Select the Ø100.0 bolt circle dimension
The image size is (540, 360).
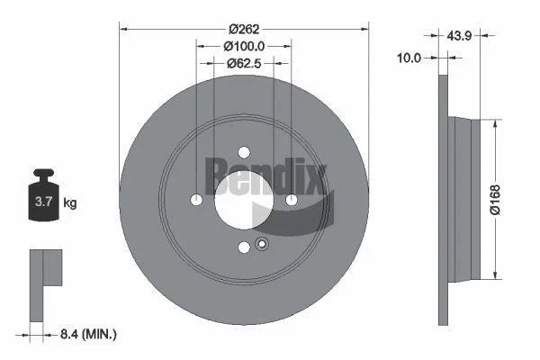pyautogui.click(x=244, y=44)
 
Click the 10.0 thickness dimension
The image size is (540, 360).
pyautogui.click(x=409, y=58)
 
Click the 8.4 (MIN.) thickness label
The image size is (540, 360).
pyautogui.click(x=86, y=334)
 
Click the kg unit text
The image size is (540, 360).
pyautogui.click(x=70, y=202)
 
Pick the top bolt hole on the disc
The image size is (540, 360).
pyautogui.click(x=244, y=153)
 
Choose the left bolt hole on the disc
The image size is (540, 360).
pyautogui.click(x=197, y=200)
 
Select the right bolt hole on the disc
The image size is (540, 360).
pyautogui.click(x=291, y=200)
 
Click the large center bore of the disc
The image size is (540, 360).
pyautogui.click(x=244, y=198)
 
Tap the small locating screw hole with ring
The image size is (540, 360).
pyautogui.click(x=262, y=242)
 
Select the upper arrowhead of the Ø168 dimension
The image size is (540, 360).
pyautogui.click(x=494, y=123)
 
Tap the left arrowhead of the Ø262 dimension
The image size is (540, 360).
pyautogui.click(x=124, y=28)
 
